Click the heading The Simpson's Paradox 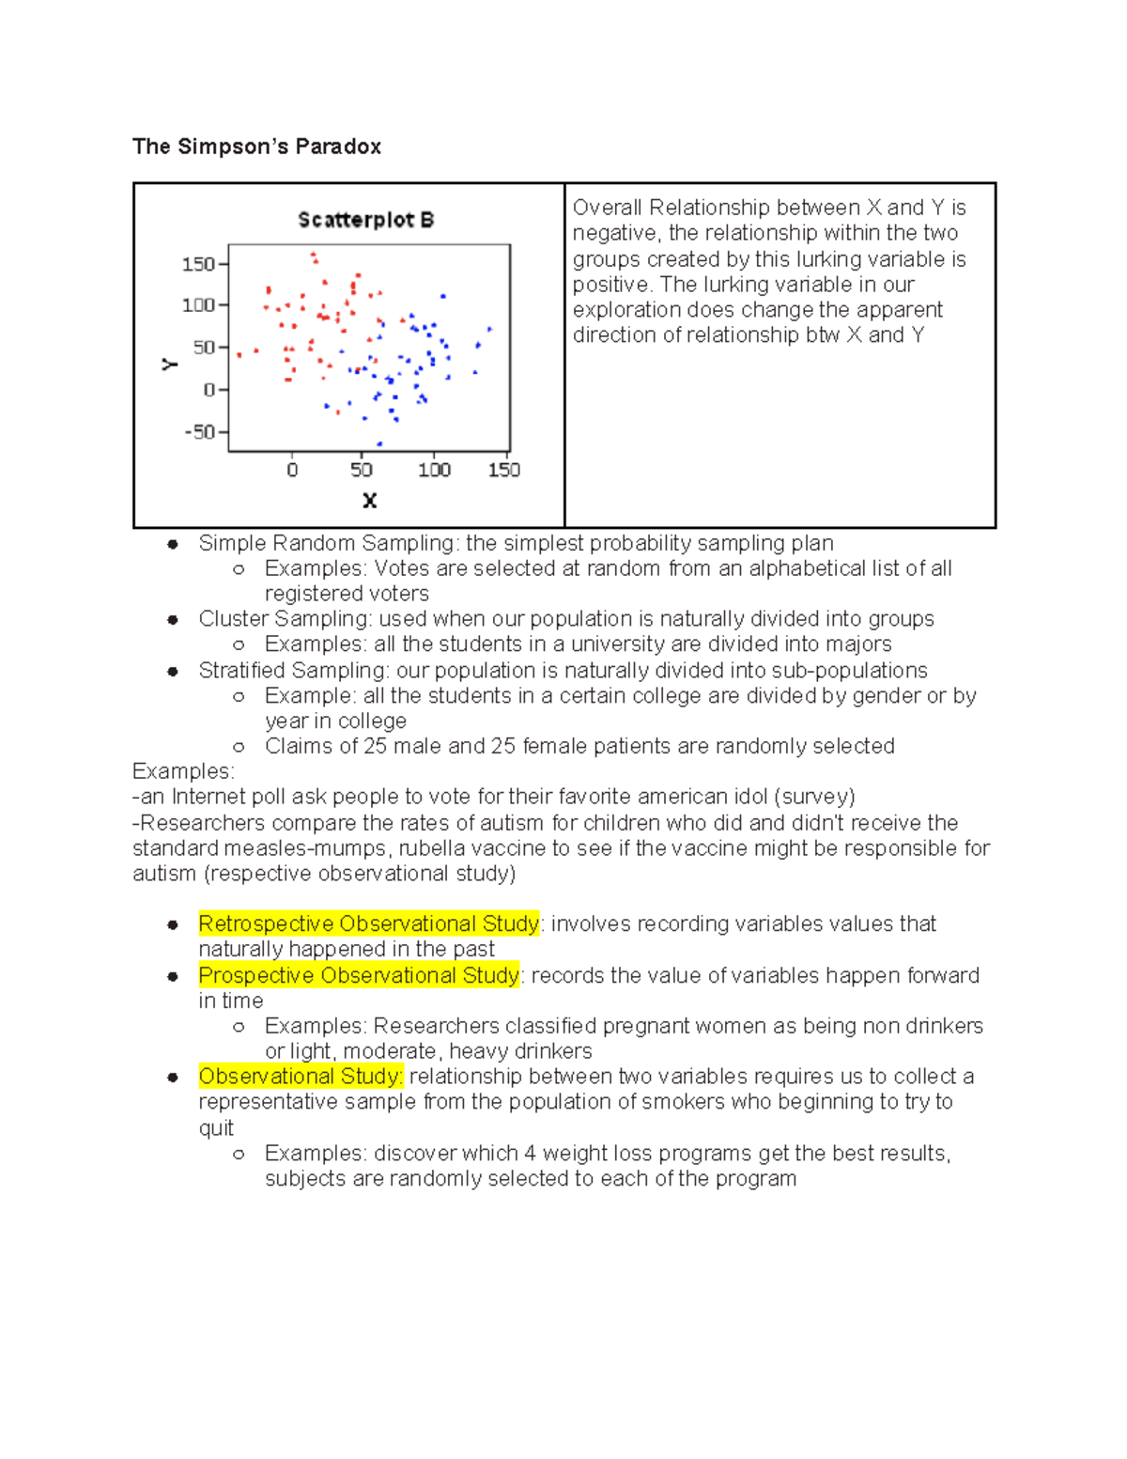coord(256,147)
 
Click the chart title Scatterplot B coord(365,220)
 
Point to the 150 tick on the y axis coord(198,264)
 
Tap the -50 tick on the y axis coord(200,432)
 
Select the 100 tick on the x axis coord(434,470)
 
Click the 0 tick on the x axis coord(292,470)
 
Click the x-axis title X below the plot coord(369,501)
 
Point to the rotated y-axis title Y coord(170,365)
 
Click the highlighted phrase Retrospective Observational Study coord(369,924)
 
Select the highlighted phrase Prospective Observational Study coord(359,975)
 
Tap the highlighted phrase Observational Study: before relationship coord(301,1077)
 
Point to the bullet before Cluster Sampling coord(173,620)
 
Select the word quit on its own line coord(216,1128)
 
